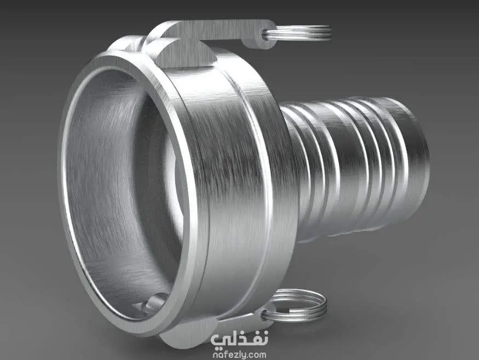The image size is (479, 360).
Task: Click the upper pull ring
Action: [x=305, y=33]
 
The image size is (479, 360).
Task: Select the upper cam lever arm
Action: [x=214, y=30]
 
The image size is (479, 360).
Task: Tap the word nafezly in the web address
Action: [x=228, y=355]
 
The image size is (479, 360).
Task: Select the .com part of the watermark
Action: [x=256, y=356]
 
